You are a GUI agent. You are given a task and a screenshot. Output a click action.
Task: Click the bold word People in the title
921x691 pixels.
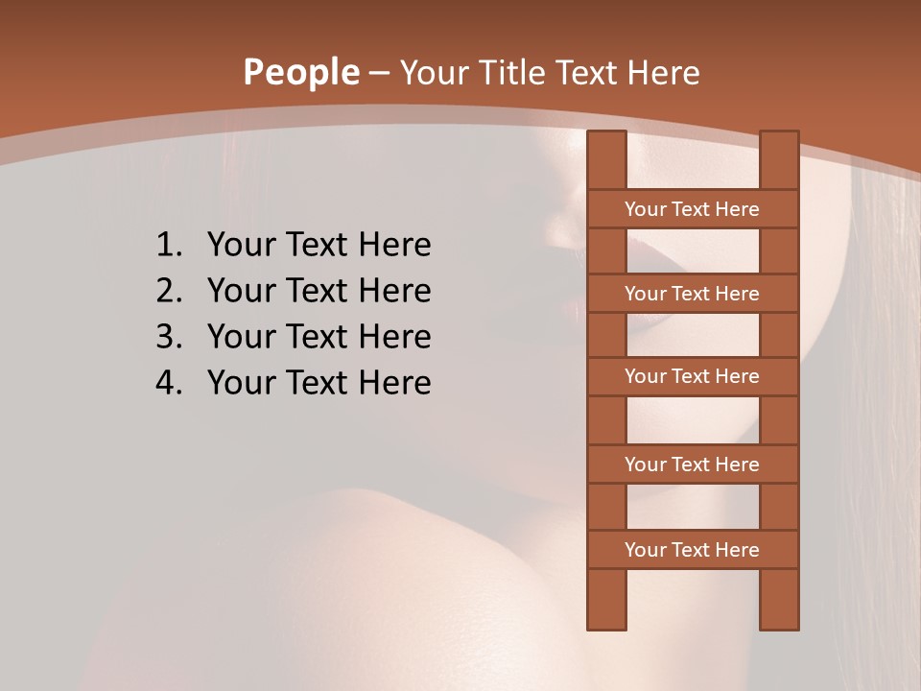click(x=300, y=73)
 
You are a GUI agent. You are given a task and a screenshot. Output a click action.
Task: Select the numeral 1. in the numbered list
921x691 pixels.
click(x=170, y=246)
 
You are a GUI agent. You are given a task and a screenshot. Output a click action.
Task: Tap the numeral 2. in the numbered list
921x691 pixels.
click(x=170, y=291)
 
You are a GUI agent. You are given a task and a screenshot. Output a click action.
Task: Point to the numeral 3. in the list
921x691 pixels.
click(x=170, y=337)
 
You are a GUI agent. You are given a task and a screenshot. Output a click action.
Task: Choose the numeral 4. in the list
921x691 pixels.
click(x=170, y=383)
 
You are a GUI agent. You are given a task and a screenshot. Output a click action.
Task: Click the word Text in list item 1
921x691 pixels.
click(x=318, y=246)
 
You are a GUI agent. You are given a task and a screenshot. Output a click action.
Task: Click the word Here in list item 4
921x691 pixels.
click(x=395, y=383)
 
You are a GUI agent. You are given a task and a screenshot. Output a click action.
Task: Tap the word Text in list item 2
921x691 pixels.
click(x=318, y=291)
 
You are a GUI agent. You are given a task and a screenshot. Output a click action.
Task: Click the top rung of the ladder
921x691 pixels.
click(x=693, y=209)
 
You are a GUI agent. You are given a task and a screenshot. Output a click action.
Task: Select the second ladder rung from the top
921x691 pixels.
click(x=693, y=294)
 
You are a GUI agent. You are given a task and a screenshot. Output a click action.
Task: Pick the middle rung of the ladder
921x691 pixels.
click(x=693, y=376)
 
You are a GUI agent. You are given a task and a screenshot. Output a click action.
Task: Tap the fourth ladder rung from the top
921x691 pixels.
click(x=693, y=465)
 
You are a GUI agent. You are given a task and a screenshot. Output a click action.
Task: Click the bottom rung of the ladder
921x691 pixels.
click(x=693, y=550)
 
